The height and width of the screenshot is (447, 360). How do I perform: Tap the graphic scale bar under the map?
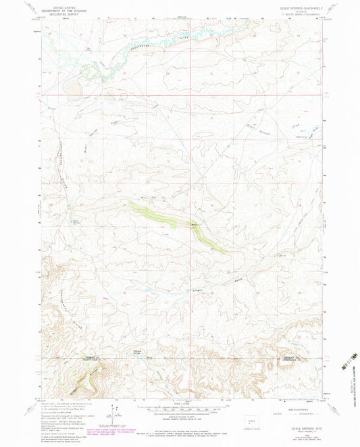pyautogui.click(x=180, y=407)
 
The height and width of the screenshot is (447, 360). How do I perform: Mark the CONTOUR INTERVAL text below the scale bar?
pyautogui.click(x=180, y=416)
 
